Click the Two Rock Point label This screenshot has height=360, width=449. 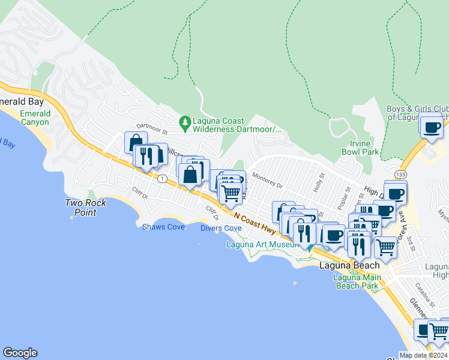(x=86, y=208)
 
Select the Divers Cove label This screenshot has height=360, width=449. (x=221, y=228)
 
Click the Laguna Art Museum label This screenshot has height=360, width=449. (x=262, y=244)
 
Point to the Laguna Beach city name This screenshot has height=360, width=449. (x=349, y=265)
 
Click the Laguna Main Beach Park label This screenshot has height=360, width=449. (x=357, y=281)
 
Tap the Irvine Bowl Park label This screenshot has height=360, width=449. (x=364, y=148)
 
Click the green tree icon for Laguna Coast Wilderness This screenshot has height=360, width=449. (x=185, y=124)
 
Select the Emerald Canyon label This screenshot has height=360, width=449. (x=34, y=118)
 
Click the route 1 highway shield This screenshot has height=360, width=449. (x=162, y=178)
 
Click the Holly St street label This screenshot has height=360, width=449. (x=318, y=182)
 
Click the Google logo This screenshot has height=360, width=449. (x=20, y=353)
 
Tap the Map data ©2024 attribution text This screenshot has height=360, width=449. (x=423, y=355)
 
